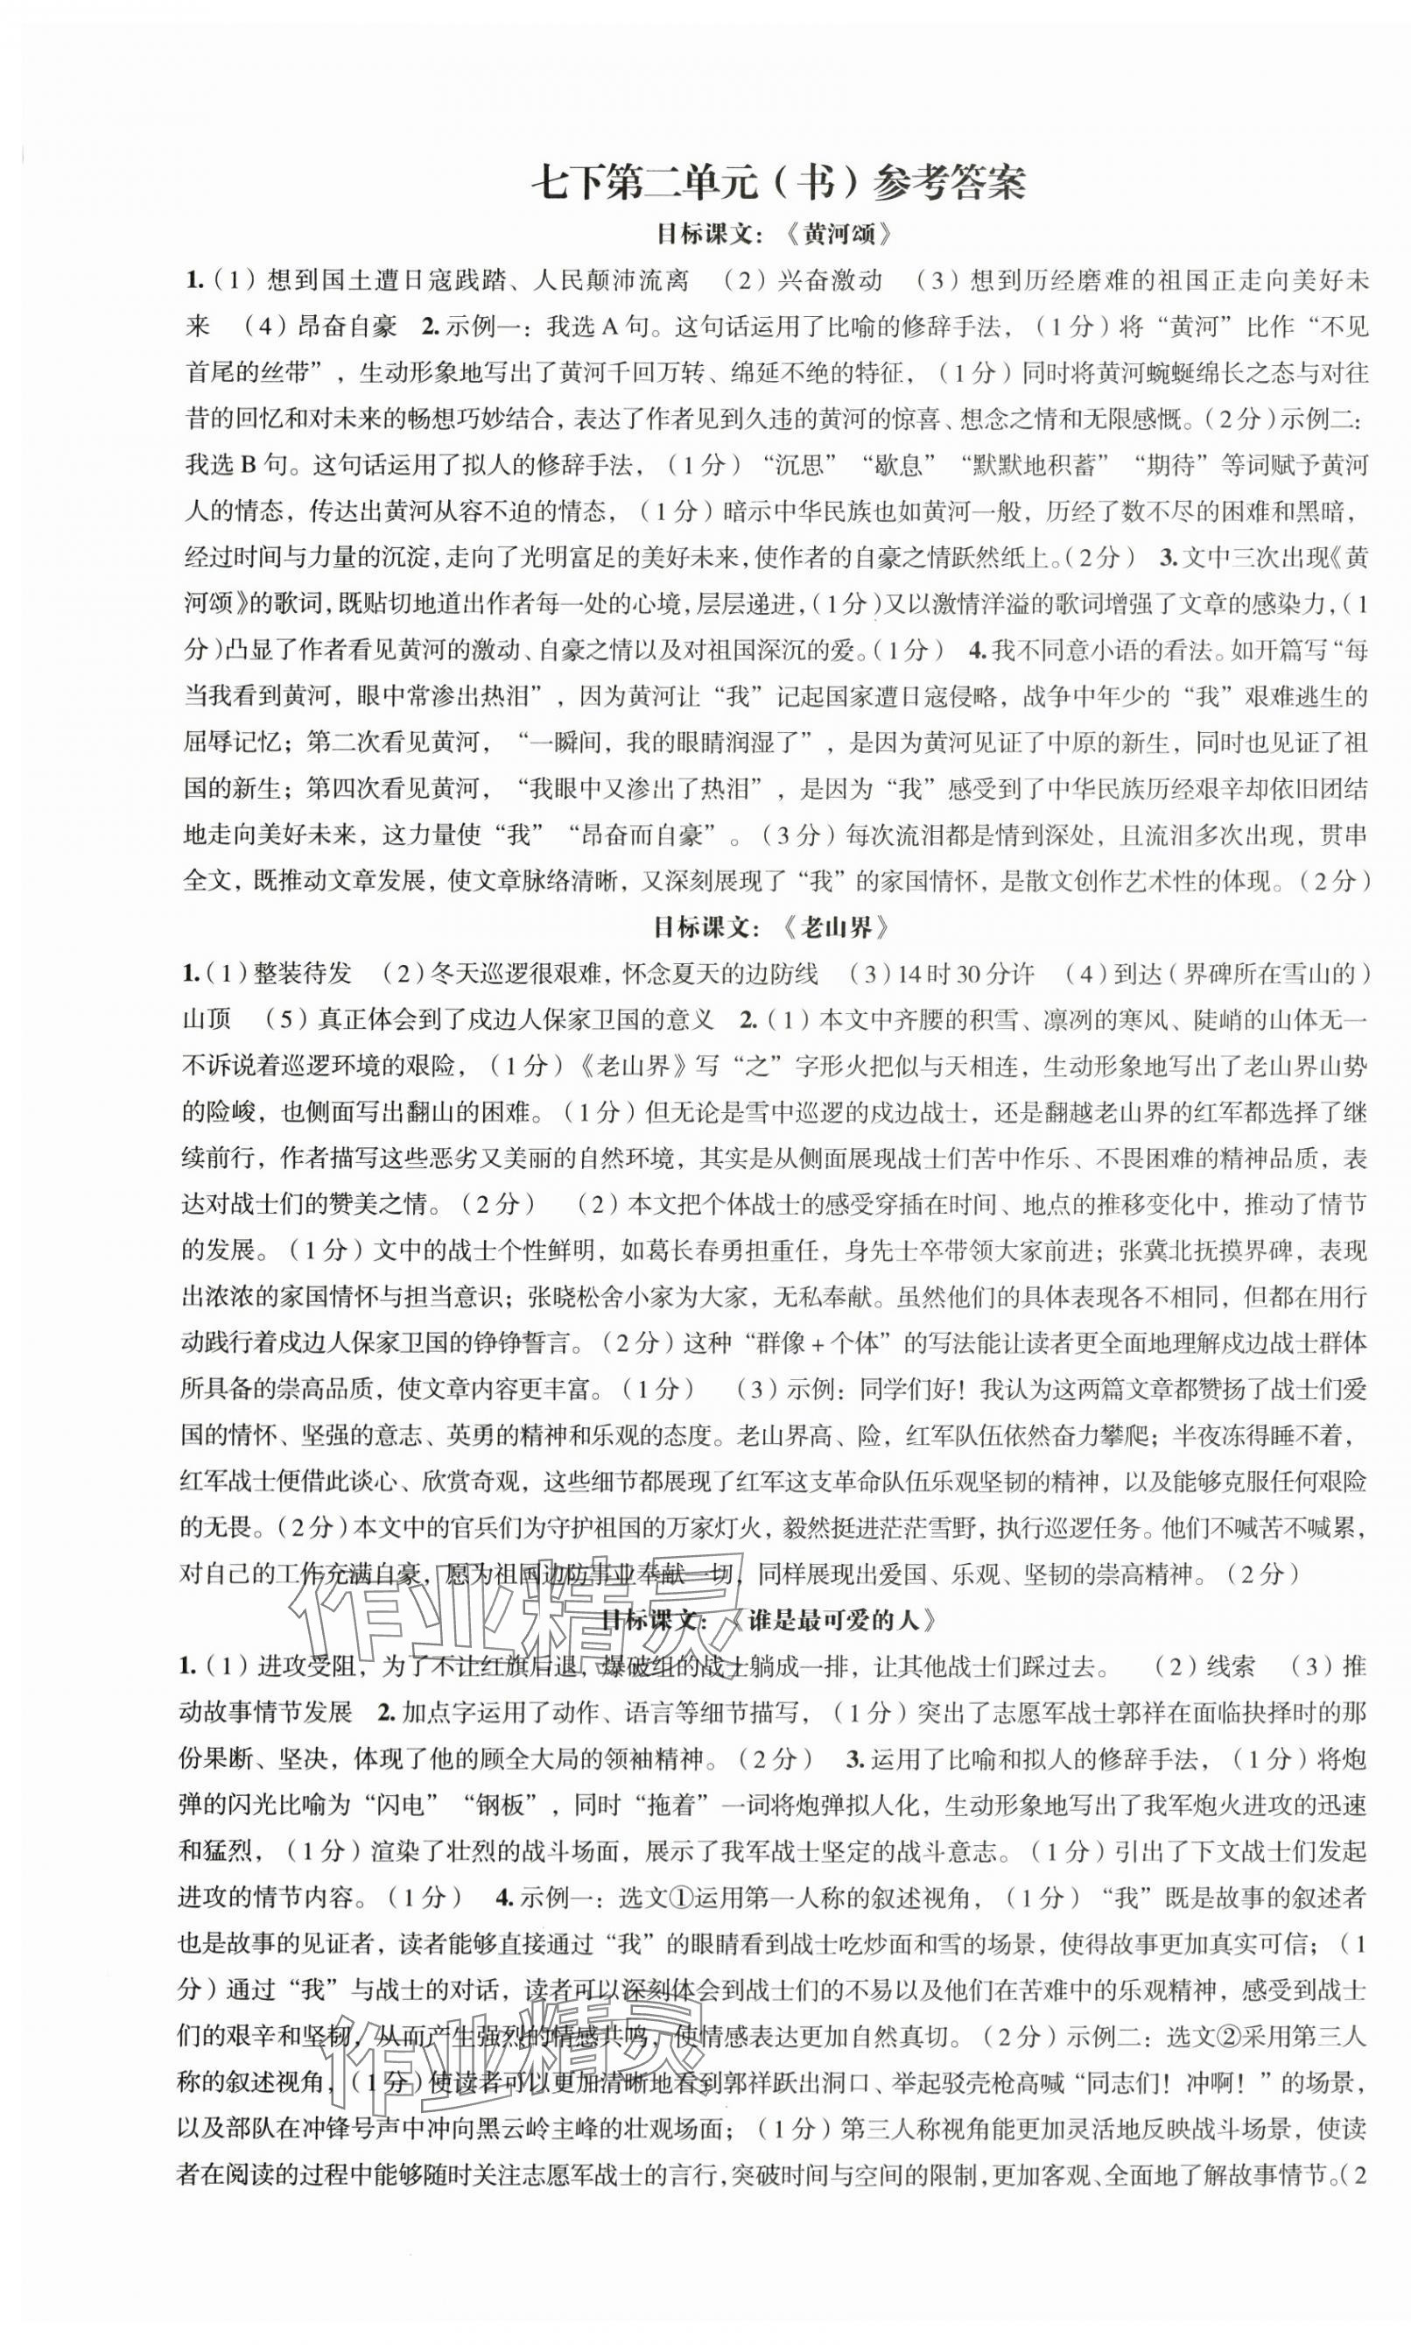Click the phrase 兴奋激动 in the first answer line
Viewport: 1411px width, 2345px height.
tap(829, 280)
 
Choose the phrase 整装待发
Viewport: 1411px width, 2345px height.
tap(304, 973)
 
